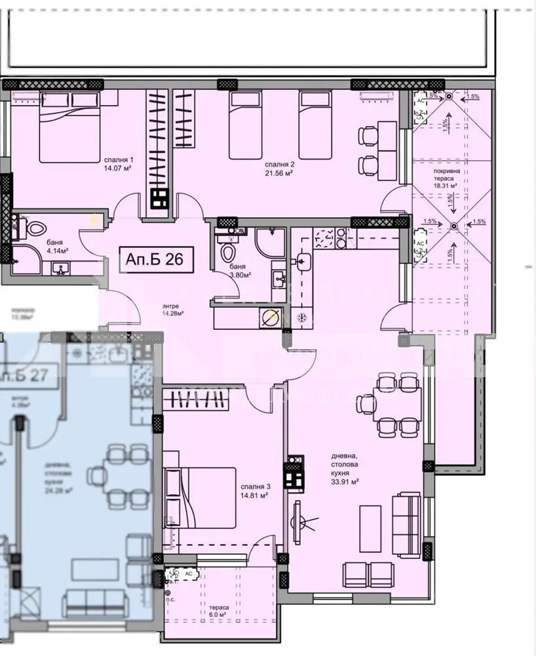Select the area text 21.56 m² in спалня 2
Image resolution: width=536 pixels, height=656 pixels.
tap(278, 173)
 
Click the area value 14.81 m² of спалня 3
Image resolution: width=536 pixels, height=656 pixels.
tap(254, 496)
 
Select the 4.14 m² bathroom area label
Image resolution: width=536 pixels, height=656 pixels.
tap(57, 251)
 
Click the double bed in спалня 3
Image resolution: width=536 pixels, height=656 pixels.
tap(201, 497)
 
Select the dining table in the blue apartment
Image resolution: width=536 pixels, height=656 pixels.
tap(121, 475)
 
